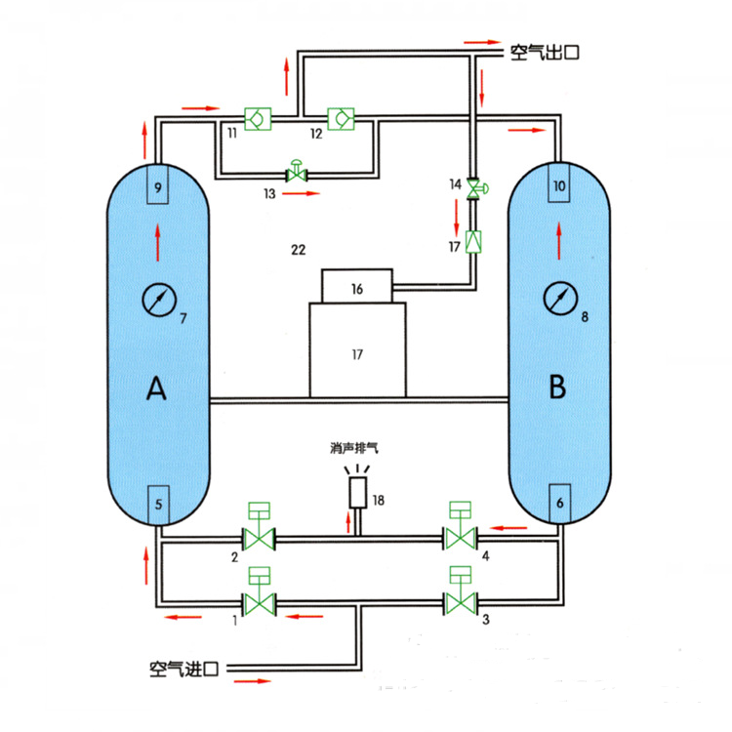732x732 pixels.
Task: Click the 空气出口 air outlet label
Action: pos(545,52)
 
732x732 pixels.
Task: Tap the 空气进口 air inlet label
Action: pos(183,669)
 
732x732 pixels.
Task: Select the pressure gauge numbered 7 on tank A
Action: pos(159,301)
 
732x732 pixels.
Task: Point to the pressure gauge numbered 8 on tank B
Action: pos(560,299)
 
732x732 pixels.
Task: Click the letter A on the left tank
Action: pos(156,388)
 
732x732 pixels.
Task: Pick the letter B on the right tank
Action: pos(557,387)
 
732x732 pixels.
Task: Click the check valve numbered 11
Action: pos(259,118)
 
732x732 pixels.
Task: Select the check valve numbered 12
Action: pos(341,118)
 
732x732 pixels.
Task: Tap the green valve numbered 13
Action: pos(297,172)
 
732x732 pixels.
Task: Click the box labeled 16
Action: pos(357,286)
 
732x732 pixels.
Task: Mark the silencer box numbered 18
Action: pos(358,493)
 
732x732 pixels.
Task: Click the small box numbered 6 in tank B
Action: pos(560,504)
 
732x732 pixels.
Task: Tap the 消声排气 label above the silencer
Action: pos(354,449)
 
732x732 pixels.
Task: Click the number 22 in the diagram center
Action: pos(299,250)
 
